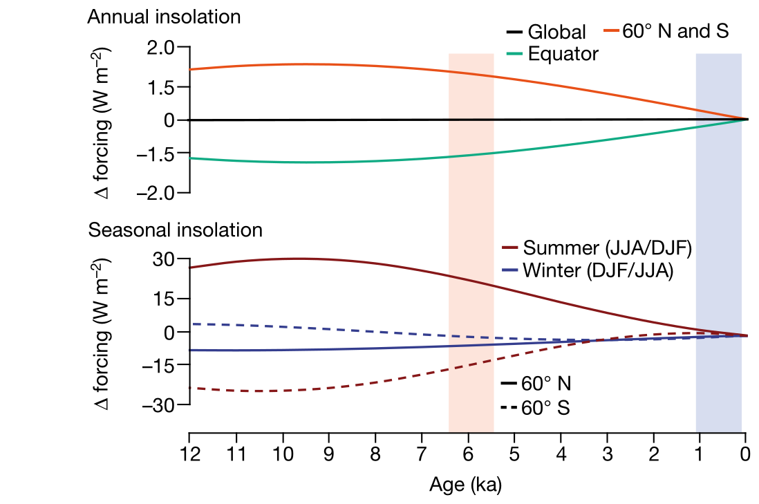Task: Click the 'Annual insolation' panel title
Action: (164, 17)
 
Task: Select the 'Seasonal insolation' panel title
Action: (175, 230)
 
